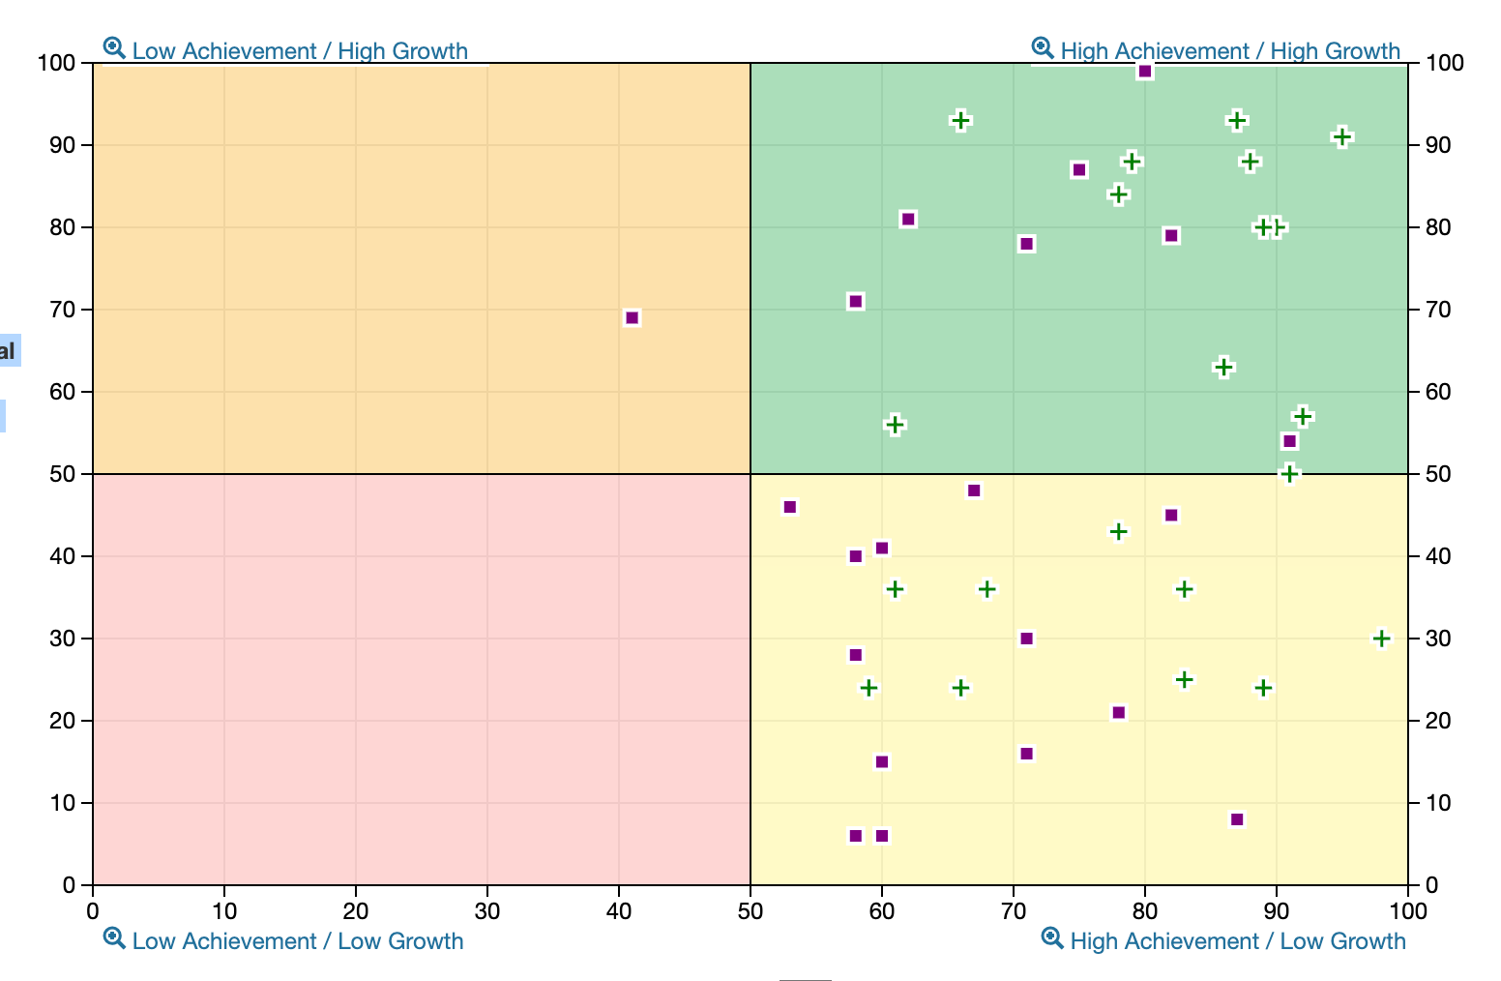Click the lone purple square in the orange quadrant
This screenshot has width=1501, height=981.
click(x=632, y=318)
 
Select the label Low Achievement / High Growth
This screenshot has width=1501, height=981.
click(x=300, y=51)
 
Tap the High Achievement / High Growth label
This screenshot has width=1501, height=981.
click(x=1229, y=51)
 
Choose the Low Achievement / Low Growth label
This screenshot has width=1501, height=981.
click(x=298, y=941)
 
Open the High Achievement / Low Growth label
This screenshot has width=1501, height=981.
click(x=1237, y=941)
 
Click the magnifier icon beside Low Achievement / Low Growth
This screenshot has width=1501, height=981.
click(x=114, y=938)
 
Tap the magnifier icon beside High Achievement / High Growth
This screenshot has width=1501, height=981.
click(x=1042, y=47)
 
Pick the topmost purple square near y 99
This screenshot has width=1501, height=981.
click(x=1145, y=72)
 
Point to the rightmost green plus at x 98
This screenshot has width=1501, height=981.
click(x=1381, y=639)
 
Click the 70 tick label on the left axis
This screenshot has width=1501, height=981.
click(x=61, y=310)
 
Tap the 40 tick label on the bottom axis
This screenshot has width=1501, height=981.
click(x=619, y=910)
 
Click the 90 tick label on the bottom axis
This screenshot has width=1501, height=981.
click(x=1277, y=910)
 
